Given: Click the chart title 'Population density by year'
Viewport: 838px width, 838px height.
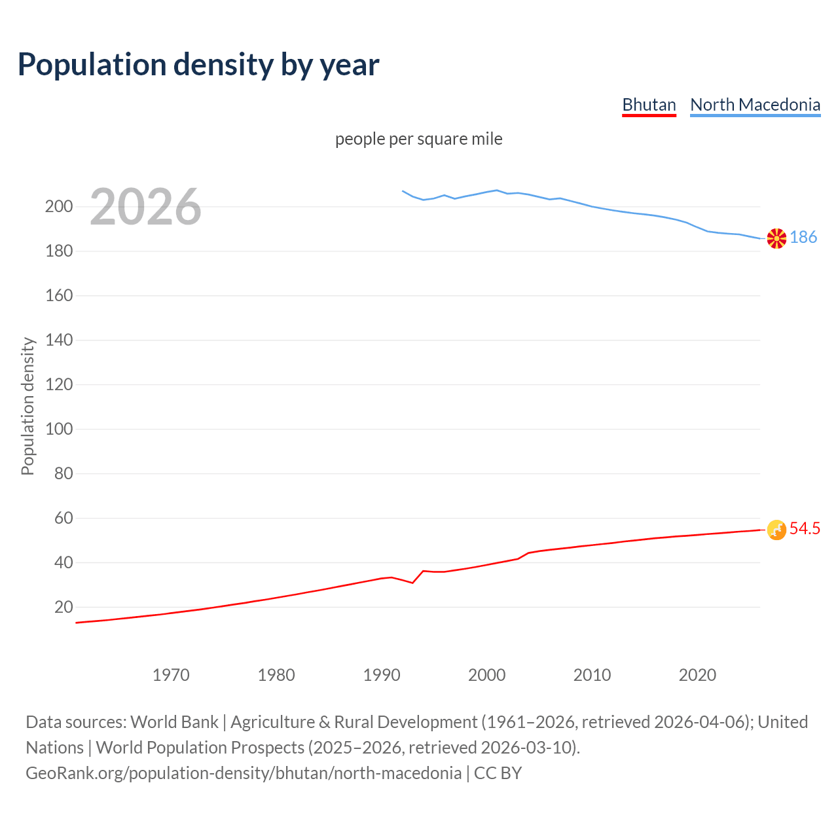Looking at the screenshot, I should click(x=198, y=64).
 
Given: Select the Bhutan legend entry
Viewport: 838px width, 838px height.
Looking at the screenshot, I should click(x=649, y=105).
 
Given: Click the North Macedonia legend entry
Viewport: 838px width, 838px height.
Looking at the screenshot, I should click(x=755, y=105).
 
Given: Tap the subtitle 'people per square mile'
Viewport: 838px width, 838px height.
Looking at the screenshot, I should click(x=418, y=139).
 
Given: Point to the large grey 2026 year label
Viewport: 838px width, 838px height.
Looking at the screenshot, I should click(x=145, y=207).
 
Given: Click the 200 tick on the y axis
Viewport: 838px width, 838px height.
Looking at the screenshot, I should click(x=59, y=207).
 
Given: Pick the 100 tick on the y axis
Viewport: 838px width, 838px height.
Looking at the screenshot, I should click(x=59, y=429).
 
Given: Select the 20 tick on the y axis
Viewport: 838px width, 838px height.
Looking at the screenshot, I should click(x=64, y=607).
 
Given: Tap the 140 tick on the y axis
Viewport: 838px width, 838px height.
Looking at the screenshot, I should click(x=59, y=340).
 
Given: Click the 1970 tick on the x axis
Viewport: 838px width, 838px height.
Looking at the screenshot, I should click(x=171, y=675).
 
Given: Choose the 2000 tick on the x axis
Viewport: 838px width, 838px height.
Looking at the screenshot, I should click(x=486, y=675).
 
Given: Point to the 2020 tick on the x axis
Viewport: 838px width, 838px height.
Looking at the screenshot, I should click(x=697, y=675).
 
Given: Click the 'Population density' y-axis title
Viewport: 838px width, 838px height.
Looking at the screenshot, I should click(x=27, y=406).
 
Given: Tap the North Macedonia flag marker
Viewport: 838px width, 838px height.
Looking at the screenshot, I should click(x=776, y=238).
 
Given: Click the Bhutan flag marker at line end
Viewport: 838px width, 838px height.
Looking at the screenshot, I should click(x=776, y=530).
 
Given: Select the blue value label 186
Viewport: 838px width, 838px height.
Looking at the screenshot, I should click(x=803, y=237).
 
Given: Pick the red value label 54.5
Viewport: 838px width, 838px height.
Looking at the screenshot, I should click(x=805, y=528).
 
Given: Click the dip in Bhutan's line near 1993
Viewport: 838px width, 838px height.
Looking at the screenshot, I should click(x=412, y=582).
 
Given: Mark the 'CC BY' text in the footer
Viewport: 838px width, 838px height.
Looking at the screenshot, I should click(x=498, y=773).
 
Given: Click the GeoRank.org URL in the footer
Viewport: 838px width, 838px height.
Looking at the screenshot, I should click(x=244, y=773).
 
